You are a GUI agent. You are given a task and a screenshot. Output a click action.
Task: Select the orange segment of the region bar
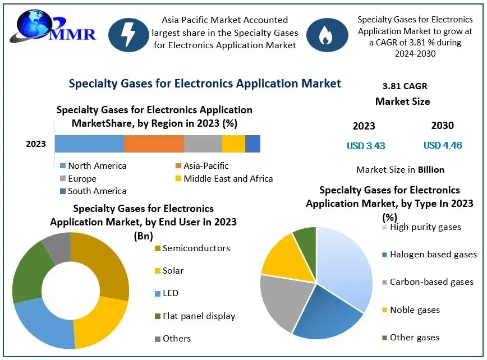154,144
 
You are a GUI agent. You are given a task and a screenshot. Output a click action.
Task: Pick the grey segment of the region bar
203,144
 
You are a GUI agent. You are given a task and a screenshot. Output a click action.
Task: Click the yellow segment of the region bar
233,144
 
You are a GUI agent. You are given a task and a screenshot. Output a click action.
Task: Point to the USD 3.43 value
366,146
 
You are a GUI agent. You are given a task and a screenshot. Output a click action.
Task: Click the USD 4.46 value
443,146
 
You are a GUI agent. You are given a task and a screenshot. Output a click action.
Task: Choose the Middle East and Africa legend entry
224,179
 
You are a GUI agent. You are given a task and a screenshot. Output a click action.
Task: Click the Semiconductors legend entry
192,248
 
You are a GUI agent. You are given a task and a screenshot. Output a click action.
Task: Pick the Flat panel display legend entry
194,316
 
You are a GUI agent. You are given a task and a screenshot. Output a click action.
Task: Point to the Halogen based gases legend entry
429,255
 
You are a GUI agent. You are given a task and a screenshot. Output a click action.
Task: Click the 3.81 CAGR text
405,86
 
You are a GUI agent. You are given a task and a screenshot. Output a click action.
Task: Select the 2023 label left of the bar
36,144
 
